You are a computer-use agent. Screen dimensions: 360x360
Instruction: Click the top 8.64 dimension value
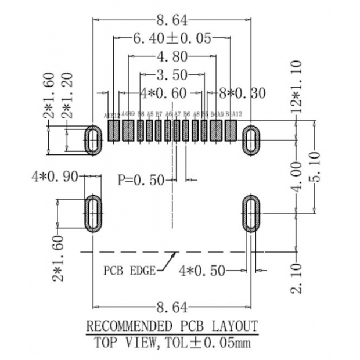(x=172, y=21)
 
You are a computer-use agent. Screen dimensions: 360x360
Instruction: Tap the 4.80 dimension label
(x=172, y=57)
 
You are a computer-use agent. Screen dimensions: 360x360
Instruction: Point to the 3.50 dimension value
(x=172, y=75)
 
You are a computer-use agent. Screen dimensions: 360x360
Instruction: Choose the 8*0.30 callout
(x=242, y=93)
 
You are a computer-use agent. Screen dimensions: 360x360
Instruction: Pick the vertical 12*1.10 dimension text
(x=297, y=87)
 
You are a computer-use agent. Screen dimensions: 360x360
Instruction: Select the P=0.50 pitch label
(x=141, y=180)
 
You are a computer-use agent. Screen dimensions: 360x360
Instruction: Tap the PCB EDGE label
(x=129, y=271)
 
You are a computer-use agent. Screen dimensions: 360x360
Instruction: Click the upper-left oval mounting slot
(x=92, y=139)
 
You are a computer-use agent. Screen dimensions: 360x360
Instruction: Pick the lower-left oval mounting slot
(x=93, y=213)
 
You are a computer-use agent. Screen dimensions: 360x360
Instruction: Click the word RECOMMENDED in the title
(x=128, y=325)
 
